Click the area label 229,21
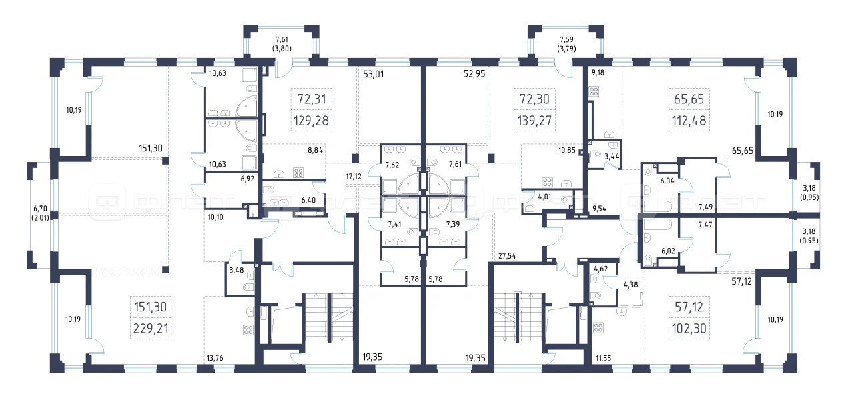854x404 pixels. (x=151, y=328)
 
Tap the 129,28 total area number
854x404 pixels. (x=311, y=121)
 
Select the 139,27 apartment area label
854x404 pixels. (x=534, y=121)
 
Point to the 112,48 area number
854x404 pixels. (x=689, y=121)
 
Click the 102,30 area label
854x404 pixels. (x=689, y=328)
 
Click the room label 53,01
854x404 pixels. (x=373, y=74)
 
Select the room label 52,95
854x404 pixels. (x=474, y=73)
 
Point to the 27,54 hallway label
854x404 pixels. (x=507, y=256)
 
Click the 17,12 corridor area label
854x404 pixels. (x=354, y=177)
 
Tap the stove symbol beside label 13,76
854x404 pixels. (x=248, y=330)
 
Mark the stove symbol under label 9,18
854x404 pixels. (x=594, y=91)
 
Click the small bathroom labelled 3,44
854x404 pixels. (x=605, y=155)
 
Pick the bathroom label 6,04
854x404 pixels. (x=667, y=181)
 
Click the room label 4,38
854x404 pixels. (x=630, y=284)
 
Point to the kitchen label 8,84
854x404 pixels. (x=315, y=150)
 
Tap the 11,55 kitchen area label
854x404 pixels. (x=604, y=358)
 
